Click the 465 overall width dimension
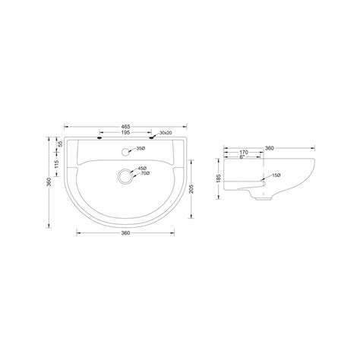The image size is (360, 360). pyautogui.click(x=125, y=126)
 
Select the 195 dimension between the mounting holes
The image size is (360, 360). pyautogui.click(x=125, y=132)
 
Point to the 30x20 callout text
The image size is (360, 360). pyautogui.click(x=166, y=133)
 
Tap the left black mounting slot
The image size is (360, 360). pyautogui.click(x=99, y=137)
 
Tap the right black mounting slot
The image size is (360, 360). pyautogui.click(x=152, y=137)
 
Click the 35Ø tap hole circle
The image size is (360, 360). pyautogui.click(x=125, y=152)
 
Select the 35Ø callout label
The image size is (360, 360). pyautogui.click(x=141, y=149)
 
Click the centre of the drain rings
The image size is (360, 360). pyautogui.click(x=125, y=175)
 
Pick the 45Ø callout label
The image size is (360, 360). pyautogui.click(x=142, y=169)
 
